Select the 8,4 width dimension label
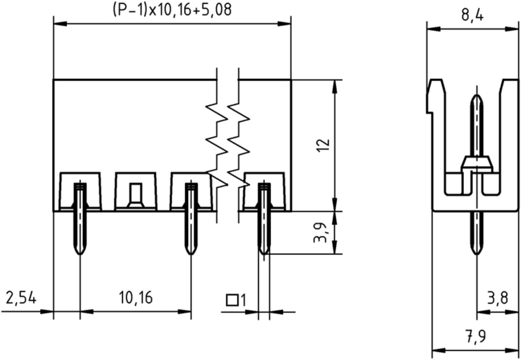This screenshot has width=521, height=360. click(472, 15)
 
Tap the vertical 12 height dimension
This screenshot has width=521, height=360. click(323, 145)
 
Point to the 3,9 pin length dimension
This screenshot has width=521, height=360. click(321, 232)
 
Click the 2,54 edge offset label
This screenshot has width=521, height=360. click(21, 298)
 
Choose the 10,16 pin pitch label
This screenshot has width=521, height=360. click(136, 297)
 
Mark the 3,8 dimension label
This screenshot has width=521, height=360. click(498, 298)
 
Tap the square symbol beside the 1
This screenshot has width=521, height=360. click(232, 300)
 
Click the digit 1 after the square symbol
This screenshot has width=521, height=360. click(243, 300)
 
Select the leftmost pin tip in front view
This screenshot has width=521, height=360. click(79, 254)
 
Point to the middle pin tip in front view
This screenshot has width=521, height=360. click(190, 254)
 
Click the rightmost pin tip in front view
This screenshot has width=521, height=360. click(264, 254)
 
